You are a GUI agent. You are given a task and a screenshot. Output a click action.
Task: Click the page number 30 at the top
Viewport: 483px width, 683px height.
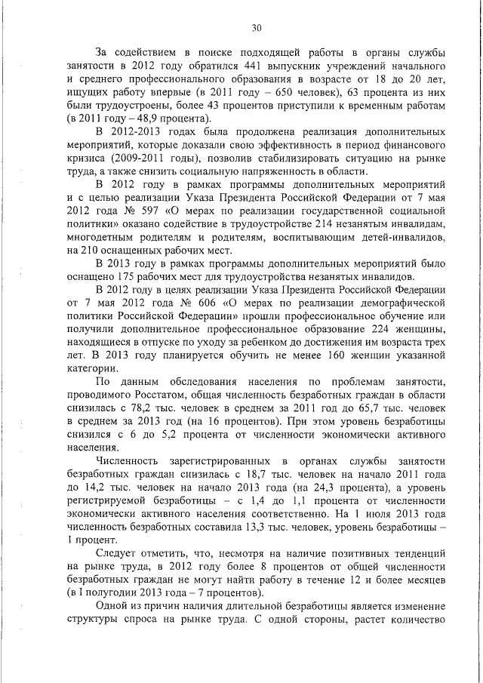click(257, 28)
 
